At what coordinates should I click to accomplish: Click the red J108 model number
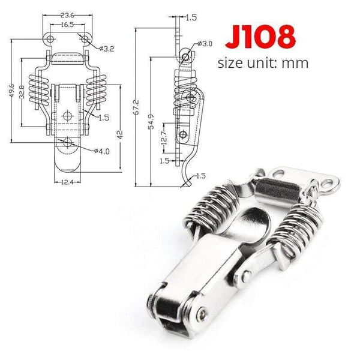point(260,36)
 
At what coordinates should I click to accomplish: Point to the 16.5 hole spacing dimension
point(67,25)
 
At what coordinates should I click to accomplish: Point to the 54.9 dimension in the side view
point(152,124)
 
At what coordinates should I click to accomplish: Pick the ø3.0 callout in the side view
point(206,44)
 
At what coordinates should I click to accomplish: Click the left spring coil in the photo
point(209,204)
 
